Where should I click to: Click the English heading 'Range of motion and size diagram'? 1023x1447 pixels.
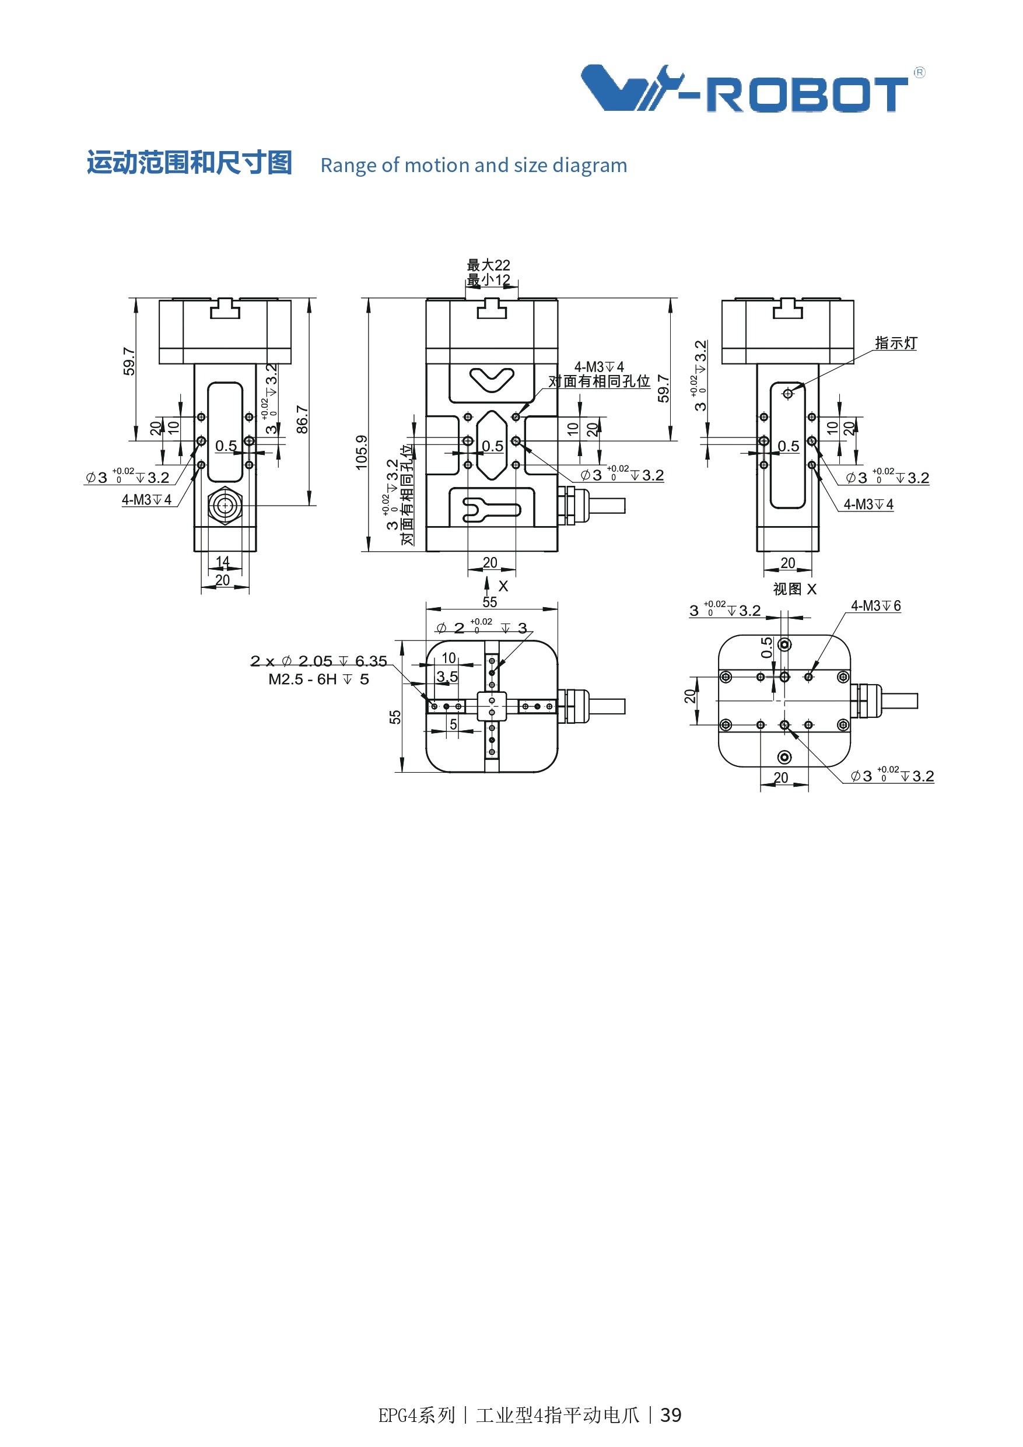(474, 165)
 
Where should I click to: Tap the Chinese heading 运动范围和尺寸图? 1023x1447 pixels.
(189, 163)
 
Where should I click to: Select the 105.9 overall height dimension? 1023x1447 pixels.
(361, 452)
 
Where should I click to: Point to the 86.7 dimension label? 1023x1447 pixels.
(303, 419)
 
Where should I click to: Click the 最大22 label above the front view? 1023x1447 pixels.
(489, 265)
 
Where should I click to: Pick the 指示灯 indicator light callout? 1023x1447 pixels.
(896, 343)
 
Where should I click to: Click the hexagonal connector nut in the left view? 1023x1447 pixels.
(225, 506)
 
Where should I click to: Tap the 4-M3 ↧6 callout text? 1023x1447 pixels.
(875, 605)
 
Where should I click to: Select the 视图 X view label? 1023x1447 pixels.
(794, 588)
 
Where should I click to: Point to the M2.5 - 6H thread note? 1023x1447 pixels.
(318, 679)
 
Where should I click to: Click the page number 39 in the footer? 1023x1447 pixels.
(671, 1415)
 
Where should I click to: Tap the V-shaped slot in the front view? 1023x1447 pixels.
(492, 380)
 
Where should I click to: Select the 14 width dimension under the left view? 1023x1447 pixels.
(222, 561)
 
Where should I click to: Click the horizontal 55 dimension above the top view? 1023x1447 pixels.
(490, 602)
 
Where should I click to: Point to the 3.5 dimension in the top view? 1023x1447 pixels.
(447, 676)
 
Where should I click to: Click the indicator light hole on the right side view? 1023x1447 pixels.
(788, 394)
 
